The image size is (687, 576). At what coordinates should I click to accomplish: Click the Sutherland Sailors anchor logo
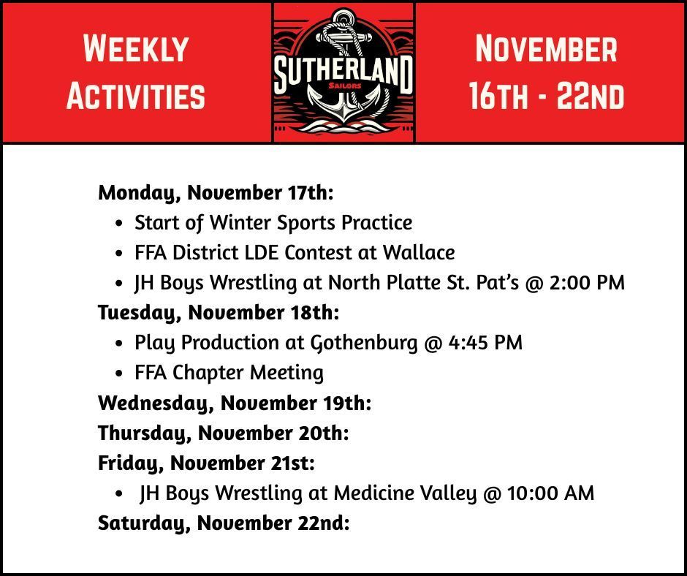[x=343, y=72]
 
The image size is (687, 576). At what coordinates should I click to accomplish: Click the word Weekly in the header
[x=136, y=49]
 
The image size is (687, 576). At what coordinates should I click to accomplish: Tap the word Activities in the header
[x=136, y=96]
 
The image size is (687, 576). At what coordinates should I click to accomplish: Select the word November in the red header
[x=546, y=49]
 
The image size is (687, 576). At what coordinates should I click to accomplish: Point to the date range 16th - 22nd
[x=546, y=96]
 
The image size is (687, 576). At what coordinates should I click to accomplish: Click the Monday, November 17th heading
[x=216, y=193]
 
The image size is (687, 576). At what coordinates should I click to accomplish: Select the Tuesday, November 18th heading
[x=219, y=312]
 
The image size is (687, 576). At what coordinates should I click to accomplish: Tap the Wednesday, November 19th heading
[x=235, y=403]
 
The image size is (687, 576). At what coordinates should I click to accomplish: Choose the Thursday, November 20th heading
[x=223, y=433]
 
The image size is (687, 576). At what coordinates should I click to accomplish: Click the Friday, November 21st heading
[x=206, y=463]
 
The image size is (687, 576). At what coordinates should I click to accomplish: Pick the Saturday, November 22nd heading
[x=224, y=523]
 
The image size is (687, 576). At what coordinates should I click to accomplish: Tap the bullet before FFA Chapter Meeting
[x=119, y=374]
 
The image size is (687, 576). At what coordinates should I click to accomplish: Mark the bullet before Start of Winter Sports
[x=119, y=223]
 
